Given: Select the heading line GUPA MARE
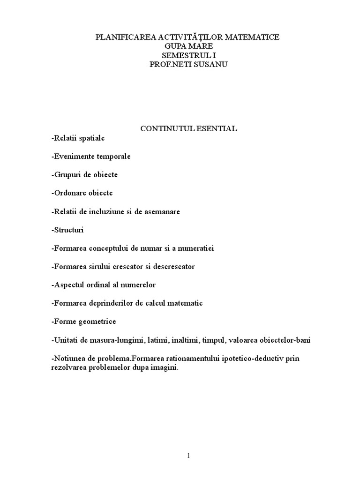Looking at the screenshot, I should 187,46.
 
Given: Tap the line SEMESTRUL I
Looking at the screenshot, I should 187,55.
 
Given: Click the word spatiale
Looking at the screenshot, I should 92,138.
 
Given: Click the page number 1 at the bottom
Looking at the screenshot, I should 188,456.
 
